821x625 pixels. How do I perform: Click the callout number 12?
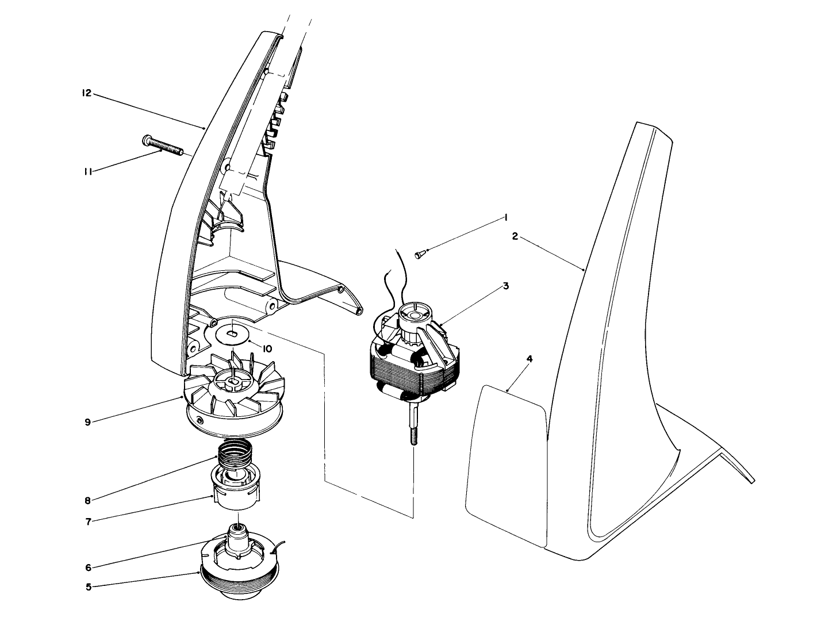click(x=86, y=93)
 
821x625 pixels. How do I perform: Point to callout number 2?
click(x=515, y=236)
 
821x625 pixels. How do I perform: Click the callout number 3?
click(x=505, y=286)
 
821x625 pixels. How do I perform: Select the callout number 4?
click(x=530, y=359)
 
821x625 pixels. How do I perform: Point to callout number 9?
click(x=88, y=422)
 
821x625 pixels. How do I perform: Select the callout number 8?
click(x=87, y=500)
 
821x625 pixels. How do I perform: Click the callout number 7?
click(x=88, y=522)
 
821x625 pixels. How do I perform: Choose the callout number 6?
click(x=88, y=568)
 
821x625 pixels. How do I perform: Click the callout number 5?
click(x=88, y=588)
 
